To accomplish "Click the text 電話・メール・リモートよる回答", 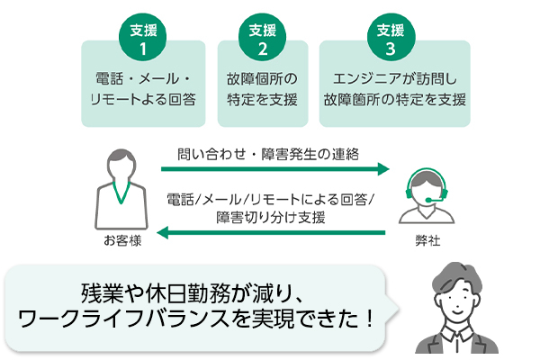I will (x=143, y=88).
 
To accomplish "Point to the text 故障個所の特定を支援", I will (x=263, y=88).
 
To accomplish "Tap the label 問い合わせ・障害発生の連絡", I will (x=267, y=154).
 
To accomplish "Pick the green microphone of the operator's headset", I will (x=437, y=198).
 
